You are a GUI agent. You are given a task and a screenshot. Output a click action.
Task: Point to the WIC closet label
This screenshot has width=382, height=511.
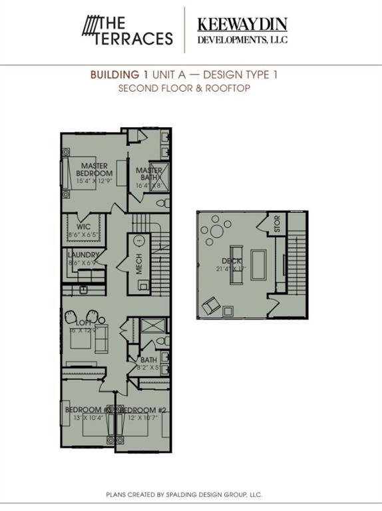[83, 226]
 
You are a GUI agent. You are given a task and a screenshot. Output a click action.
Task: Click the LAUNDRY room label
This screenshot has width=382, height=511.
[83, 255]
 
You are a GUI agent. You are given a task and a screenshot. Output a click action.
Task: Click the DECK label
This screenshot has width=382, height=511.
[231, 261]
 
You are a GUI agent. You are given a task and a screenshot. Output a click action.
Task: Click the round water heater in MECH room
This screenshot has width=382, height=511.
[139, 241]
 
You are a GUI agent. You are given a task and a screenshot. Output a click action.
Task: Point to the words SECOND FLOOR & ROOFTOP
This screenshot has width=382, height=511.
[184, 88]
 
